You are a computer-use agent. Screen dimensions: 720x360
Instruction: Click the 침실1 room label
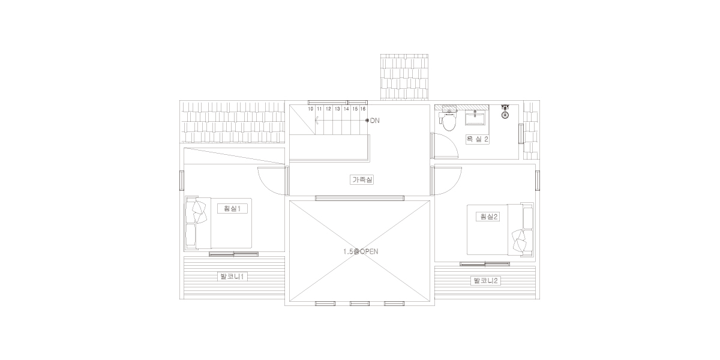tap(233, 209)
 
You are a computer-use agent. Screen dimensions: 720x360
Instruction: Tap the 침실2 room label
tap(488, 217)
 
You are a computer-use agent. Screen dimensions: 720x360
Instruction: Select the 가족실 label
tap(362, 179)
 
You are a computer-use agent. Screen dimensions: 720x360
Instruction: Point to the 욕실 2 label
tap(478, 139)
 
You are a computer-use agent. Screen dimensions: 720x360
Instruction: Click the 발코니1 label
tap(232, 277)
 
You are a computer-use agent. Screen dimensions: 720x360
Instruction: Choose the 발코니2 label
tap(485, 281)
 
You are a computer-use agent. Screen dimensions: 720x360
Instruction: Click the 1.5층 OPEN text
tap(361, 251)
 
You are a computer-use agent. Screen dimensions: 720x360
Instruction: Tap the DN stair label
tap(375, 121)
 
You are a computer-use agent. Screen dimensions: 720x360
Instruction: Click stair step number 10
tap(311, 109)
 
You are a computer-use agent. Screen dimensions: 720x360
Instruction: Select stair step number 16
tap(363, 109)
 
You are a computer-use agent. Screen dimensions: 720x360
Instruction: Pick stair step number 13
tap(337, 109)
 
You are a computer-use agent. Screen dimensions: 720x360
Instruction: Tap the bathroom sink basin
tap(475, 118)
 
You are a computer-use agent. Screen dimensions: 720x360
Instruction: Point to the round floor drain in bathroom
tap(505, 115)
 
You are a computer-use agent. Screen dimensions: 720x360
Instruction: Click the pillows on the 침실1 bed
tap(199, 212)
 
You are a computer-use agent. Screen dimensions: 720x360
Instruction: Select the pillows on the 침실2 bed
tap(519, 241)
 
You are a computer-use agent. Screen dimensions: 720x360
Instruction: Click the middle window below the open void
tap(359, 304)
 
